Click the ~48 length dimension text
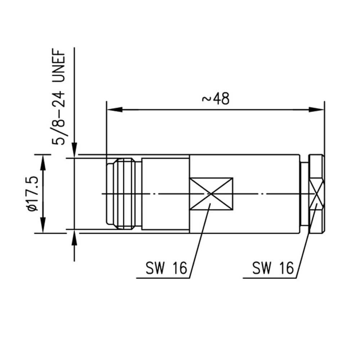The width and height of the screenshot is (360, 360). coord(216,98)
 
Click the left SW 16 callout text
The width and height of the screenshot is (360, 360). coord(166,268)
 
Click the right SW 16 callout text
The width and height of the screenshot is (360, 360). coord(273,268)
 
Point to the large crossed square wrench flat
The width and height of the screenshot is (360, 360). coord(211,194)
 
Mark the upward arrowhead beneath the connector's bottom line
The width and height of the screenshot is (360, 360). coord(74,239)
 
